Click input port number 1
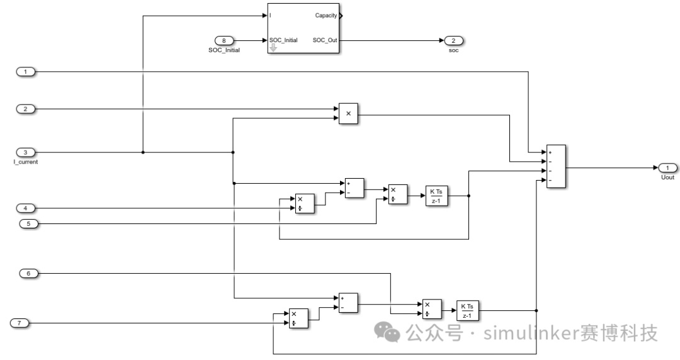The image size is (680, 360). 26,72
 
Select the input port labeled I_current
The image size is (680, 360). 26,152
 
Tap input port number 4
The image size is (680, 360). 26,208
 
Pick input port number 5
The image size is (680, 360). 28,224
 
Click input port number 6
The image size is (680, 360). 28,273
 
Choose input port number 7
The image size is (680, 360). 19,323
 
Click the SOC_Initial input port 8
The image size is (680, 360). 224,41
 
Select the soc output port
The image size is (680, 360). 453,41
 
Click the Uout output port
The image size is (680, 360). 667,168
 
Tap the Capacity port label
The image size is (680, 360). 326,16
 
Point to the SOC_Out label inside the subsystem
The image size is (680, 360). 325,40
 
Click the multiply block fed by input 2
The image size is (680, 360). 348,114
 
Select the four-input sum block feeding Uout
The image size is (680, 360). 556,166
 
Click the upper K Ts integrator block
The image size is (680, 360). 436,196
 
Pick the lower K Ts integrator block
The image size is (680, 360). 467,310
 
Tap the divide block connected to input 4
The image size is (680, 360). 305,204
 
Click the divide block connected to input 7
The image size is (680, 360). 298,318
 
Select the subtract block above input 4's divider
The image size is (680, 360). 354,188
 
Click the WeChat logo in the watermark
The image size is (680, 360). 387,332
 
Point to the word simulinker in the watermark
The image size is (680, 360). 528,333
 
